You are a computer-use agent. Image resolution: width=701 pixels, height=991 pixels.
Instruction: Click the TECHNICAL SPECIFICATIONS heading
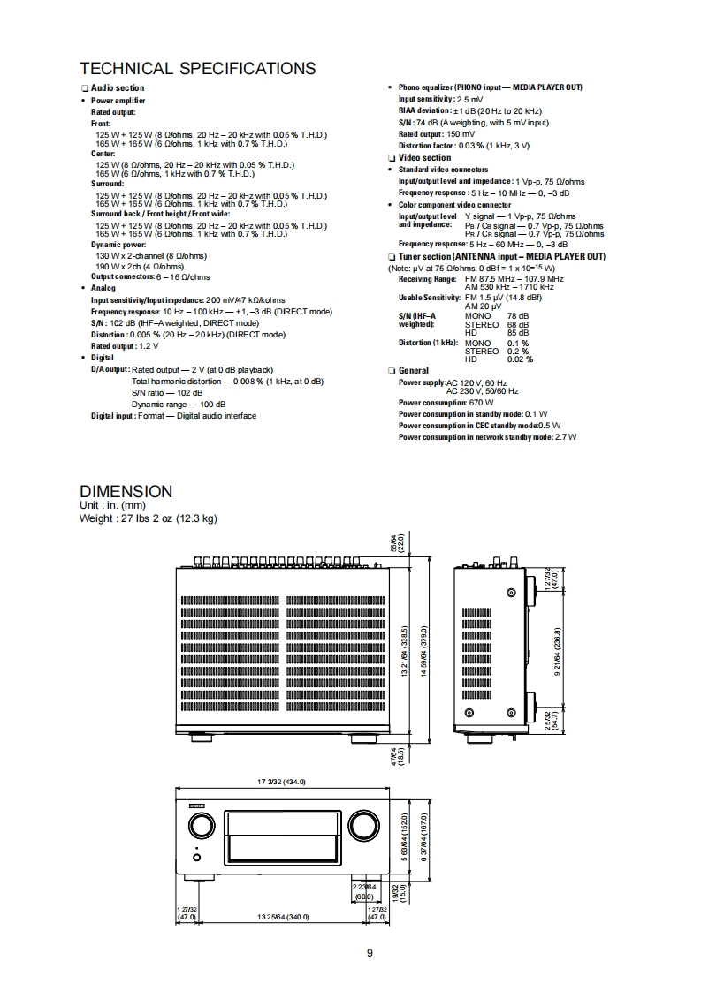(197, 69)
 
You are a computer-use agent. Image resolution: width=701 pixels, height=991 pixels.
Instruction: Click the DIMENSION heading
(126, 491)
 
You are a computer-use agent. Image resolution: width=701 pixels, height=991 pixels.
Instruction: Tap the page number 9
(370, 952)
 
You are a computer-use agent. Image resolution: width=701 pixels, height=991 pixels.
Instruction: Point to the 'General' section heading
(413, 371)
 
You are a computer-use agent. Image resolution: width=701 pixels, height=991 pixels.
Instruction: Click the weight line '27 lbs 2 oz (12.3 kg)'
(148, 518)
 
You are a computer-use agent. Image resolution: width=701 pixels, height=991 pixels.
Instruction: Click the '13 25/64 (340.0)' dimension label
(283, 917)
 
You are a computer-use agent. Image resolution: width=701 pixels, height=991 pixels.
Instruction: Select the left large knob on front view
(201, 826)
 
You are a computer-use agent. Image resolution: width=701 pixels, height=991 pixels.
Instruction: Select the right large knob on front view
(362, 826)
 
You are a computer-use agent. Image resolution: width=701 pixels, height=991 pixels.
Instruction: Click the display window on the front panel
(283, 836)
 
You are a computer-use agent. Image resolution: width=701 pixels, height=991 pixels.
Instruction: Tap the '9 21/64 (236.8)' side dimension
(558, 651)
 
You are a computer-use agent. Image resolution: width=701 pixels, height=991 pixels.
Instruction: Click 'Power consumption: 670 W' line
(446, 403)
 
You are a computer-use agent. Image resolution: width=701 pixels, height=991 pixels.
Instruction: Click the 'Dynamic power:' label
(118, 245)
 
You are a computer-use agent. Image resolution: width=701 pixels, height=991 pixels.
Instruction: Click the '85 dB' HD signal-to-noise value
(518, 332)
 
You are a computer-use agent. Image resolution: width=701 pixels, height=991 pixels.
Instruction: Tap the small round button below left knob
(196, 858)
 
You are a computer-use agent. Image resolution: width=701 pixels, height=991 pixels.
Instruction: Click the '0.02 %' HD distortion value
(520, 359)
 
